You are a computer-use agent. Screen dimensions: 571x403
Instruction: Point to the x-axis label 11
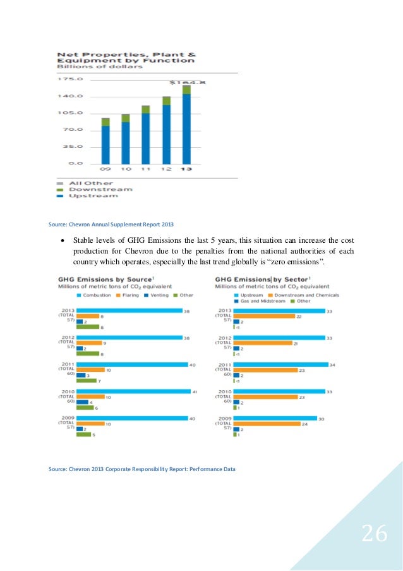[x=146, y=169]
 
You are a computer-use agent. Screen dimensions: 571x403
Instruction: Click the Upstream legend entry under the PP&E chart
[x=93, y=195]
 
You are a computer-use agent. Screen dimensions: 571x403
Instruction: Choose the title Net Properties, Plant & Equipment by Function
[x=126, y=58]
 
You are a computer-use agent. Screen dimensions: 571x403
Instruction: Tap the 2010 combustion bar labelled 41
[x=133, y=392]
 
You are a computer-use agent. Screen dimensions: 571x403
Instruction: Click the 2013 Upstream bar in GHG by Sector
[x=279, y=310]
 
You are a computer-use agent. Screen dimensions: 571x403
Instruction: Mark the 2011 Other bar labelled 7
[x=86, y=380]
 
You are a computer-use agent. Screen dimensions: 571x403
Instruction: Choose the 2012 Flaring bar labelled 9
[x=88, y=343]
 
